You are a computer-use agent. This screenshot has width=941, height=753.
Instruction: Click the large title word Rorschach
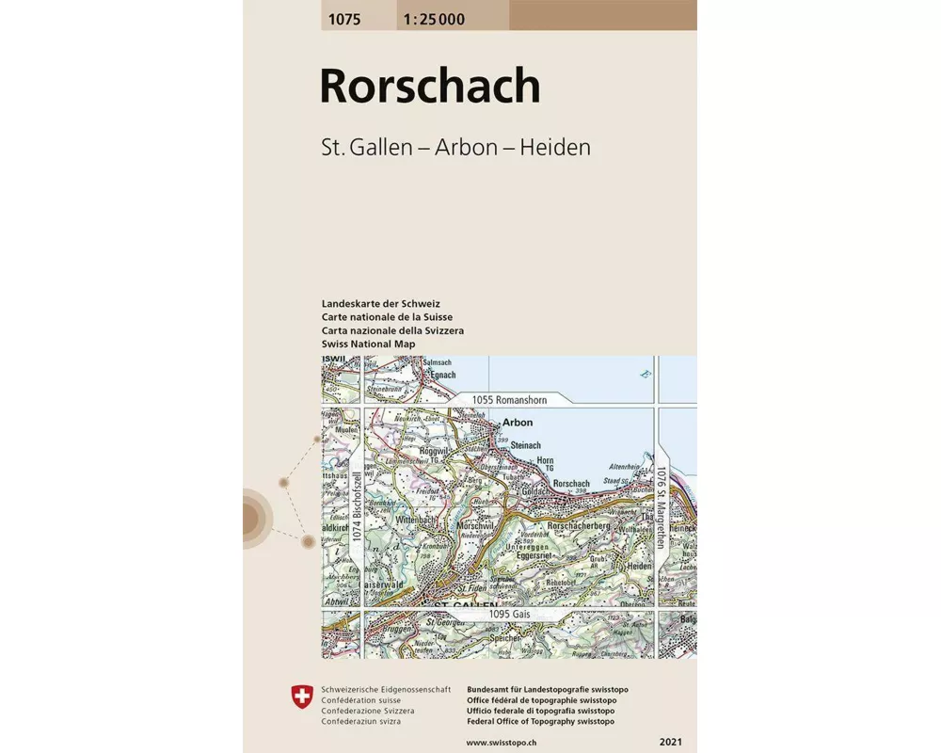tap(430, 87)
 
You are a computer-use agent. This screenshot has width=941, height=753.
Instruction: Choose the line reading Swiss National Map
tap(368, 344)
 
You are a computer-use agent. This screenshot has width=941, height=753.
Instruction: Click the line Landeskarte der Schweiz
tap(380, 304)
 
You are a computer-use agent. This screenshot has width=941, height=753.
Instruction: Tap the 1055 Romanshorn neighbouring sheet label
tap(509, 400)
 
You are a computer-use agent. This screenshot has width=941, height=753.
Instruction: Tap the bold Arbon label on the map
tap(518, 423)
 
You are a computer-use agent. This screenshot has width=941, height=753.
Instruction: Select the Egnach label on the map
tap(442, 375)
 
